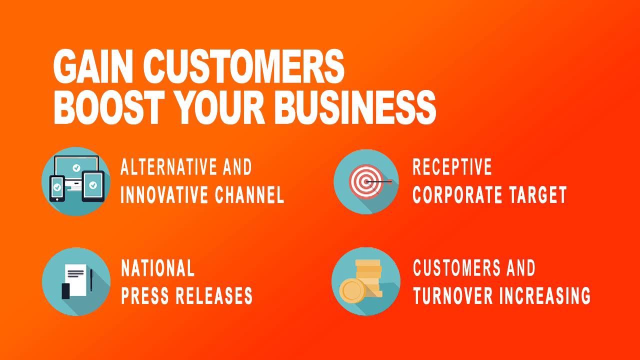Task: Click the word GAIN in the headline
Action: click(x=93, y=66)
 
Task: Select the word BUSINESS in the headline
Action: click(x=355, y=107)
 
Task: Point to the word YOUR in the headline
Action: click(x=219, y=107)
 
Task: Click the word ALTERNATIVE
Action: click(x=169, y=167)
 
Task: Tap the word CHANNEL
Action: click(x=249, y=195)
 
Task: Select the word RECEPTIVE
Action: click(x=452, y=167)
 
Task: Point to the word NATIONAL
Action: click(x=158, y=268)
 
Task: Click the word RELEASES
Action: click(x=214, y=295)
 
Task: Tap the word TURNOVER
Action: click(x=453, y=295)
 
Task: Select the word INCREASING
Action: click(x=545, y=295)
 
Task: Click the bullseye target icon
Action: click(x=365, y=181)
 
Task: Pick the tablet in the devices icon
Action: click(x=93, y=186)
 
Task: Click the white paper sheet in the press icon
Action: click(x=75, y=280)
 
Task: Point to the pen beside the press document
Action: click(x=91, y=280)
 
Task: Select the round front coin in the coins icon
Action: click(x=352, y=291)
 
